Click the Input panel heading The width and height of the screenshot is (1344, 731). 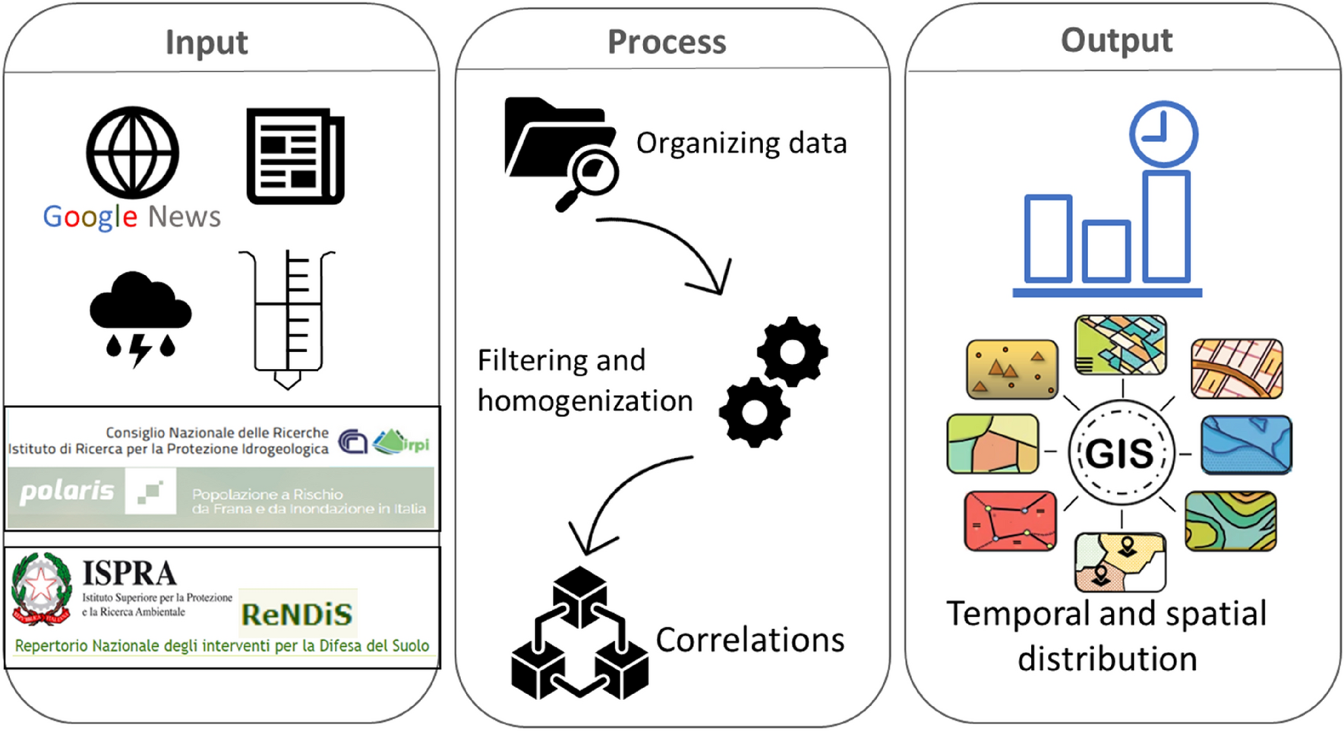pos(206,43)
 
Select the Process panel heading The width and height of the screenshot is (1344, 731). pos(666,42)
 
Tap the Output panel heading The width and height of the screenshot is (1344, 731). pos(1115,40)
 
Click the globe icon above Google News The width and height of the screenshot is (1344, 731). pos(132,153)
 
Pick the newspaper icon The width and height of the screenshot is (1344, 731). pos(295,156)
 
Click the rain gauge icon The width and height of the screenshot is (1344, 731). pos(287,318)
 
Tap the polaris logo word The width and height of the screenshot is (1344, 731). pos(67,492)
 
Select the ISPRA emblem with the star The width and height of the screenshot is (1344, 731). pos(41,588)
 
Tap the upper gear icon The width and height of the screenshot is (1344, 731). pos(792,352)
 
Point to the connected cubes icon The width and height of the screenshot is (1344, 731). pos(579,635)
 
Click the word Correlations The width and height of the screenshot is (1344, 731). pos(749,640)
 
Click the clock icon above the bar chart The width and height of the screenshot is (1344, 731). pos(1163,134)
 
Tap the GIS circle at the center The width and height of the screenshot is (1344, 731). pos(1121,454)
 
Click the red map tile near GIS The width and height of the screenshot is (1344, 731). pos(1010,521)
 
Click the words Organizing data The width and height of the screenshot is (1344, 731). pos(741,143)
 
